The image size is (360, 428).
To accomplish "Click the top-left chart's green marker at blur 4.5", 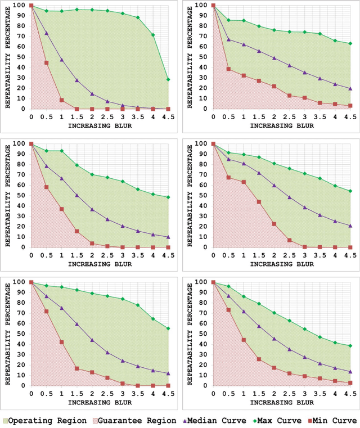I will click(168, 79).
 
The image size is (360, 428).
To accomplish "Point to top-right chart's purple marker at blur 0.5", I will click(228, 39).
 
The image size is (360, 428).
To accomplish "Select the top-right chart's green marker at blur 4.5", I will click(350, 43).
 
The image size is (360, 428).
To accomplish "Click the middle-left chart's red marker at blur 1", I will click(61, 209).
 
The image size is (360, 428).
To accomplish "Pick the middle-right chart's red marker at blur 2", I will click(274, 224).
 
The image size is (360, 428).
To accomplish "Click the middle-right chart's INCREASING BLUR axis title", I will click(281, 263).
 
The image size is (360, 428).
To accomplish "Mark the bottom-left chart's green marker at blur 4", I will click(152, 319).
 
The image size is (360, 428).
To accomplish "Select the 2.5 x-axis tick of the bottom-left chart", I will click(107, 394).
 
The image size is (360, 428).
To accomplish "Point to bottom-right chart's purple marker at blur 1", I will click(243, 312).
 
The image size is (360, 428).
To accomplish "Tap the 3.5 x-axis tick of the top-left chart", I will click(137, 117).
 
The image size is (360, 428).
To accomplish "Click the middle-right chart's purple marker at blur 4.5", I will click(350, 226).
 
